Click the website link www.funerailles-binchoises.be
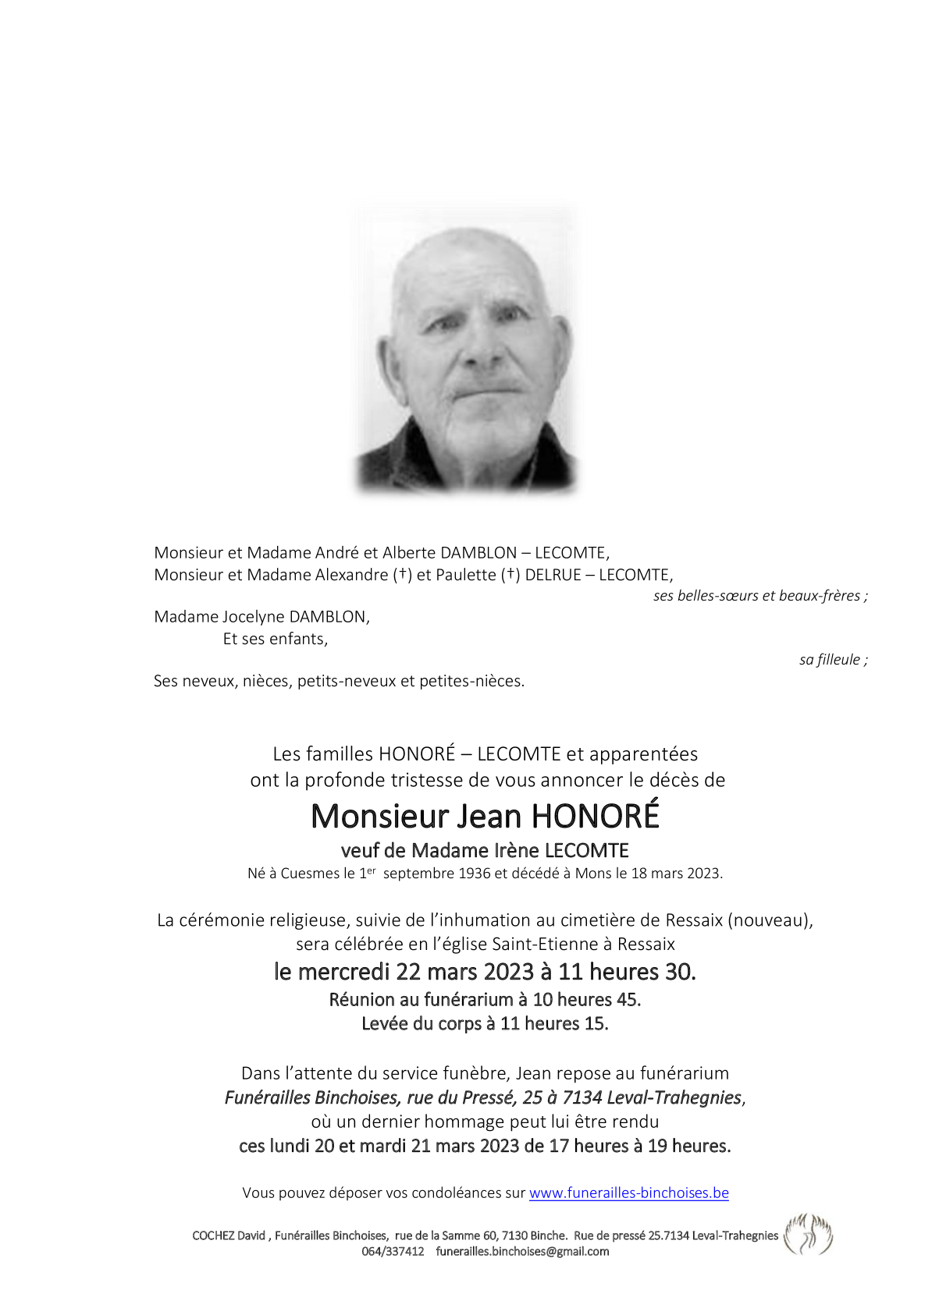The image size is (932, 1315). (628, 1193)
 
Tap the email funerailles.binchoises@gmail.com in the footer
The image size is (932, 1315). (522, 1251)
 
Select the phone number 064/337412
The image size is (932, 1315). (393, 1251)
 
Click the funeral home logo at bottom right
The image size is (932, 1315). (808, 1235)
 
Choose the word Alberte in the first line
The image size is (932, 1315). (409, 553)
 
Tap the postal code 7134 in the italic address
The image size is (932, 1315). (582, 1097)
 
